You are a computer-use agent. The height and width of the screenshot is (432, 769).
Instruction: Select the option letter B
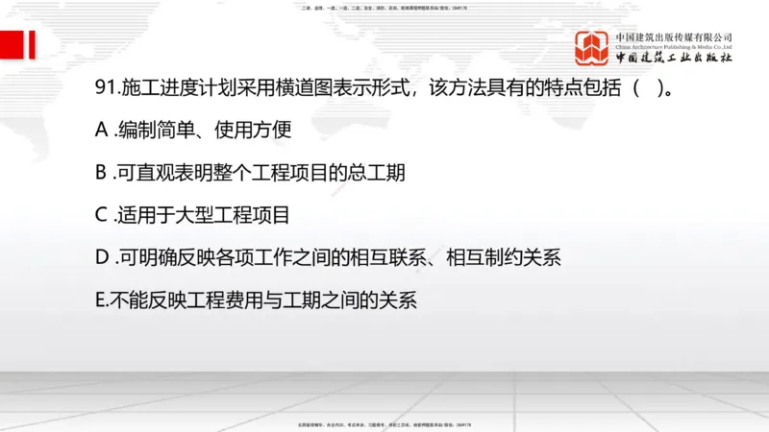(x=102, y=174)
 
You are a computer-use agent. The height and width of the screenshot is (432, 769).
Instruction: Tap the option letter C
(x=102, y=215)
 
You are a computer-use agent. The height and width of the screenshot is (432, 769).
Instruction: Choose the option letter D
(x=103, y=257)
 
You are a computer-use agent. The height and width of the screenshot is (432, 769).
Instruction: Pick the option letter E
(x=101, y=299)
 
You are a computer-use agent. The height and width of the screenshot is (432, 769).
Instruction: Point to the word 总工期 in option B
(x=375, y=174)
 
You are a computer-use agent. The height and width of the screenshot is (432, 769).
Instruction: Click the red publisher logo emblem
(x=592, y=47)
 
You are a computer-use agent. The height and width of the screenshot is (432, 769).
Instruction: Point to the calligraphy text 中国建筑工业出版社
(x=674, y=59)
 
